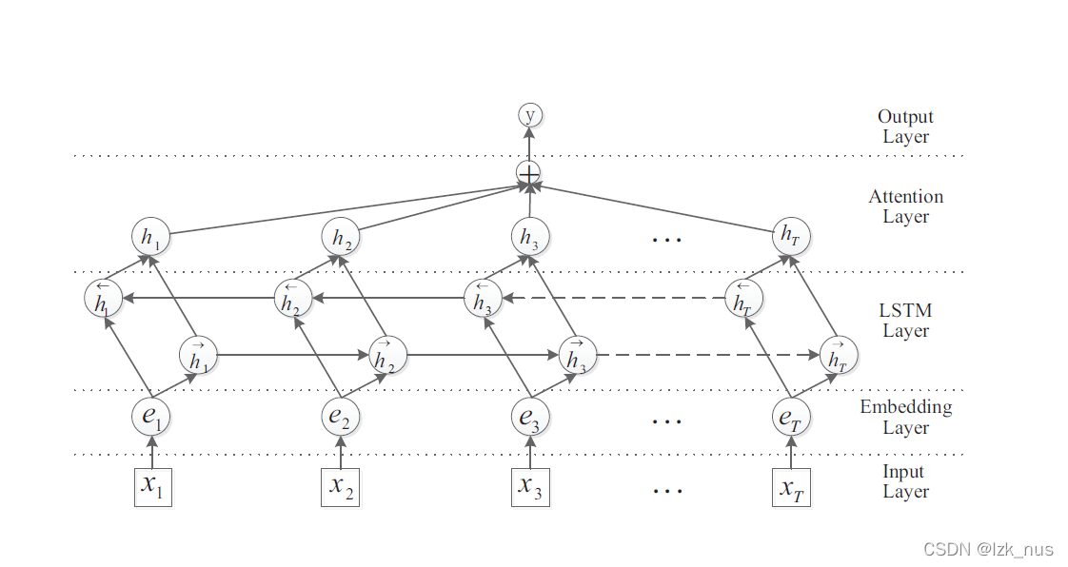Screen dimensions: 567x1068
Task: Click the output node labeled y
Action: (x=529, y=115)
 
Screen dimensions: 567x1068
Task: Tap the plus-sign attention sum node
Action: (x=528, y=173)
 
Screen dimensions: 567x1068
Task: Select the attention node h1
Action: (x=150, y=237)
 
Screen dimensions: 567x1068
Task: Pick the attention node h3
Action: (x=530, y=237)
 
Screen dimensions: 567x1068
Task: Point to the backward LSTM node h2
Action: (x=293, y=299)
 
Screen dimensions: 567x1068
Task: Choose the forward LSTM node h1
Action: (x=198, y=357)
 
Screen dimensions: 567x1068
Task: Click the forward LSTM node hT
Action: (x=838, y=357)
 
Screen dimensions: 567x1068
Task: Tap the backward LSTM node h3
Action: (x=483, y=299)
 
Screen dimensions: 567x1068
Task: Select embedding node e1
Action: (x=151, y=416)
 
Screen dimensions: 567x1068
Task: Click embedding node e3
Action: (x=530, y=416)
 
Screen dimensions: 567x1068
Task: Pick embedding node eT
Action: (x=791, y=416)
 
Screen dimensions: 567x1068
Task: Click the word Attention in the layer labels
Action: (x=905, y=197)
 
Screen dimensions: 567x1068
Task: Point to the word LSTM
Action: (x=905, y=310)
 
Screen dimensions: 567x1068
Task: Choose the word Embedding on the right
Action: (x=905, y=407)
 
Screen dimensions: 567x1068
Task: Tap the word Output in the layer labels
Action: (x=905, y=117)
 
